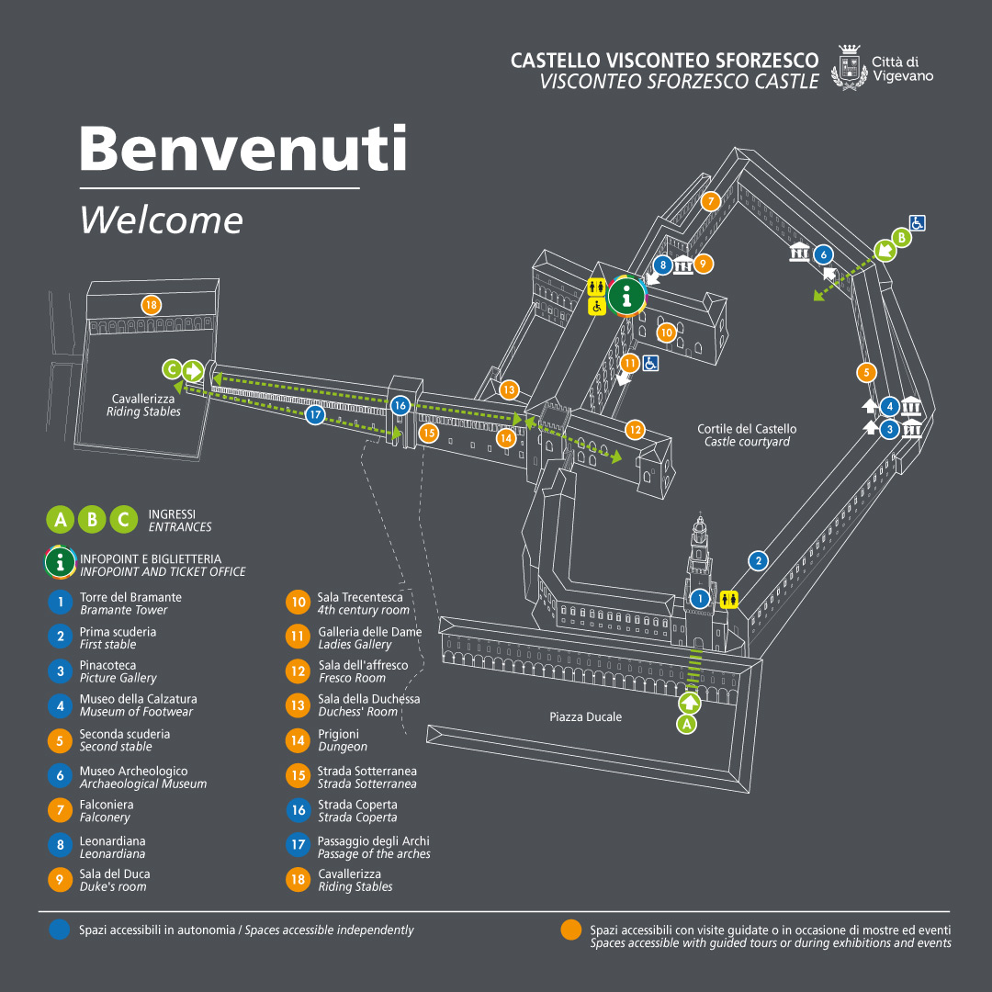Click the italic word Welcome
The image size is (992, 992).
click(162, 220)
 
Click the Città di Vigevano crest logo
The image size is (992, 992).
click(848, 68)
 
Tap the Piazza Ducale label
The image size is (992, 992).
click(585, 716)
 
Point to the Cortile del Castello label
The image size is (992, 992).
click(747, 434)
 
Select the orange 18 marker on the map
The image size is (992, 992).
click(151, 305)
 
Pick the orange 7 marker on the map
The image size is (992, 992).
click(709, 201)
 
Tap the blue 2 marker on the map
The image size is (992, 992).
click(758, 560)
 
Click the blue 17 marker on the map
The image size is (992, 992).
click(315, 415)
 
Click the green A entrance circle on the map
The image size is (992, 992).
click(686, 724)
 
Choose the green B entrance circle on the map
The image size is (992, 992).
click(901, 238)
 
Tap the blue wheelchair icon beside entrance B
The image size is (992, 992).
click(917, 222)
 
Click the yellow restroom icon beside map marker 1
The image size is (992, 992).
click(729, 599)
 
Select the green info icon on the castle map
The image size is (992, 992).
click(627, 295)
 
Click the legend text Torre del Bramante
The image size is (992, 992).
click(130, 597)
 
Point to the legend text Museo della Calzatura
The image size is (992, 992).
click(138, 699)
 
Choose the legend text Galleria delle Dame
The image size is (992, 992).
click(370, 632)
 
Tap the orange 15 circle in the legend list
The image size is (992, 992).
click(298, 777)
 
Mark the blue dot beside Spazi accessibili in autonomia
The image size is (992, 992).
click(60, 930)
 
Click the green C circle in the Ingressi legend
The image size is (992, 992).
click(123, 520)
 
